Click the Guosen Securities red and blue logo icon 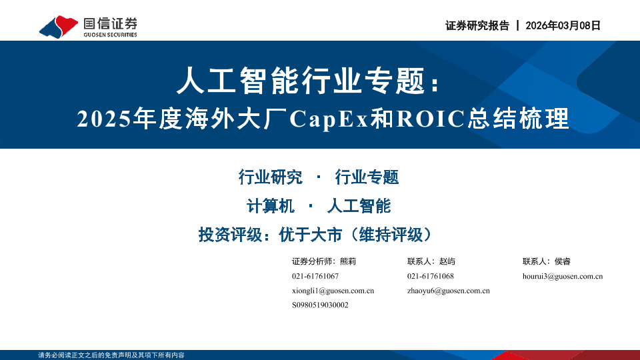(59, 27)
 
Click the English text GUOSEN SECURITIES (110, 35)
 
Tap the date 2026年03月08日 (563, 25)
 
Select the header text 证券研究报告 (477, 25)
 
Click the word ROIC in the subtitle (431, 119)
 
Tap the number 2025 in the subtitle (104, 119)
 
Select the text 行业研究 (270, 177)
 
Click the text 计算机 (270, 206)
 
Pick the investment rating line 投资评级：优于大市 (270, 235)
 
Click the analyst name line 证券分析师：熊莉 (324, 261)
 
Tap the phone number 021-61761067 (315, 276)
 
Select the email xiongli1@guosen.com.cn (333, 291)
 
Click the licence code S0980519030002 (320, 305)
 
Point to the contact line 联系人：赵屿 (431, 261)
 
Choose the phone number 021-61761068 (430, 276)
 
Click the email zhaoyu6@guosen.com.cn (448, 291)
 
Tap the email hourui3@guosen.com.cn (563, 276)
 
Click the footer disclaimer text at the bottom (111, 355)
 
